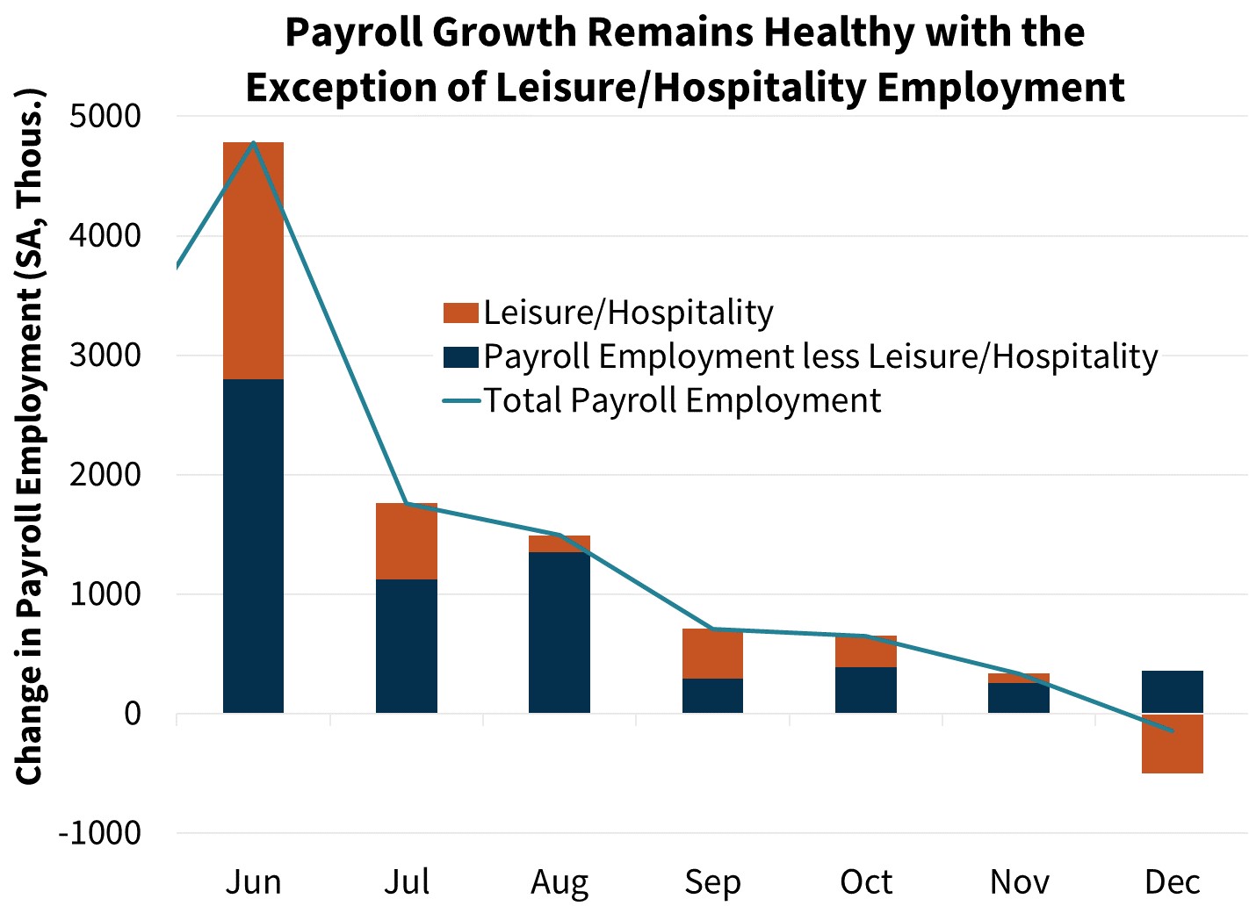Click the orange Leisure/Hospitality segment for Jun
tap(253, 261)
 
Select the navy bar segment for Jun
tap(253, 545)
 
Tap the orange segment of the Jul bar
tap(407, 541)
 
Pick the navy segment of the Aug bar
tap(560, 632)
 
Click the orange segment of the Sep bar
tap(712, 653)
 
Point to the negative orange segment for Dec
tap(1172, 744)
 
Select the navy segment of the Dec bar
tap(1172, 691)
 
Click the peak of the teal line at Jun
tap(253, 142)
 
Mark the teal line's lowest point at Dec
tap(1172, 730)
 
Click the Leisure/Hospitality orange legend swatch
tap(460, 313)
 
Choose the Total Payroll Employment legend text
tap(682, 400)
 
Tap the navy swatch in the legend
tap(460, 356)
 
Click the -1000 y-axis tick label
tap(99, 832)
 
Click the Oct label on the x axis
tap(865, 881)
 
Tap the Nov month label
tap(1019, 881)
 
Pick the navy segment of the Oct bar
tap(865, 690)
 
